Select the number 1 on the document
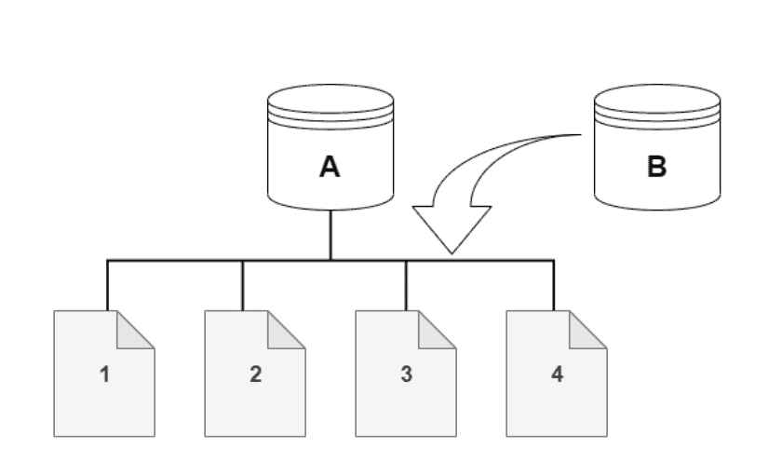coord(105,374)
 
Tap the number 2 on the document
coord(255,374)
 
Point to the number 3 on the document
coord(406,374)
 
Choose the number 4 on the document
coord(557,374)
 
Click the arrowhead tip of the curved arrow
coord(452,252)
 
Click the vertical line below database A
coord(330,233)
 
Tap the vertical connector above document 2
coord(243,284)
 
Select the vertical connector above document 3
coord(406,284)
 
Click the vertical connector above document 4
coord(555,284)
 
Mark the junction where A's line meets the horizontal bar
coord(330,258)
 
